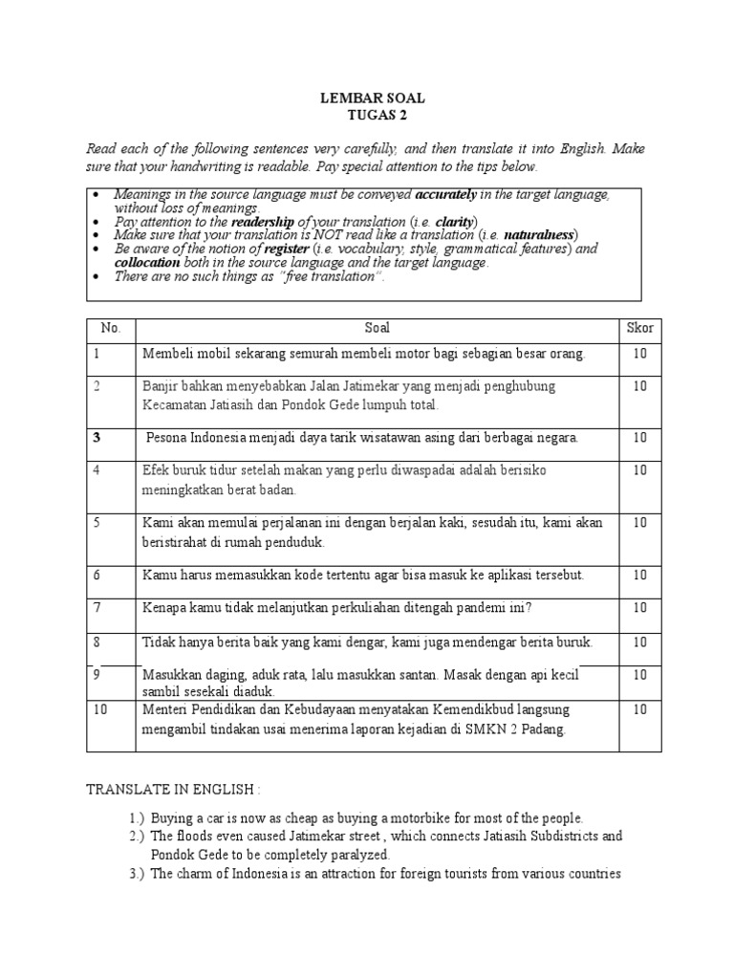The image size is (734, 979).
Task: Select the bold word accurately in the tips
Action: [x=449, y=194]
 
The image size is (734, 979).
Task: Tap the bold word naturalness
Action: [x=540, y=234]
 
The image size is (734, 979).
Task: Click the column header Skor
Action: [x=639, y=328]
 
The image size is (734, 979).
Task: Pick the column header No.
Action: [x=111, y=328]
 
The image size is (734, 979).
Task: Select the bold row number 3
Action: [x=97, y=437]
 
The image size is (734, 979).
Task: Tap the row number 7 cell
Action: [x=97, y=607]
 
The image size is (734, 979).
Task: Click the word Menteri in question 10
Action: [x=168, y=709]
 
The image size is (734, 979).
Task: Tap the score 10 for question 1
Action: [x=639, y=354]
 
